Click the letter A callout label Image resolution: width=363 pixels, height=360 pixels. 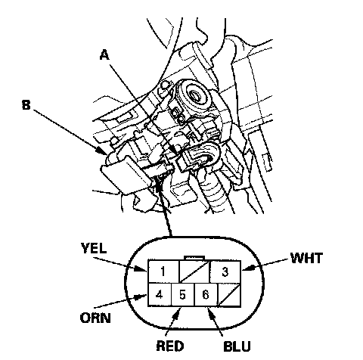[x=104, y=54]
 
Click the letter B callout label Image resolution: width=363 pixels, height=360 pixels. [x=26, y=105]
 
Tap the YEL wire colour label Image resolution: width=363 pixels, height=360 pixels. [x=94, y=248]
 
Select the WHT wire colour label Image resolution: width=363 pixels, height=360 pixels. [x=306, y=258]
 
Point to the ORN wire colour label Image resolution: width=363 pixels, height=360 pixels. [x=95, y=318]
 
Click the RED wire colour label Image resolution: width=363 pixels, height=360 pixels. [x=170, y=346]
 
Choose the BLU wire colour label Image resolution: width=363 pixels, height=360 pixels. [x=237, y=346]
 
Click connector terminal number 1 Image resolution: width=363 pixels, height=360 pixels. [x=163, y=272]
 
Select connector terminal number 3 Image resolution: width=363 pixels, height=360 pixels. [x=225, y=272]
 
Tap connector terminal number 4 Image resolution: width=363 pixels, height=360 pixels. [x=160, y=294]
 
